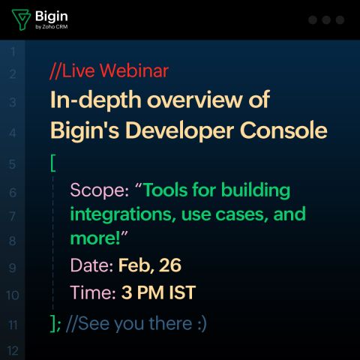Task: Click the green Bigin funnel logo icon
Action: pos(21,19)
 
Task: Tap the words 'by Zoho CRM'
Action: pos(52,27)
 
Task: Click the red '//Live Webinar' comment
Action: pos(109,70)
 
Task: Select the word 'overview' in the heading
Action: pos(195,100)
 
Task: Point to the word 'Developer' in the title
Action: pos(179,132)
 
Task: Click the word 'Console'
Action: pos(283,130)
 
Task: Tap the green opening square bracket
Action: pos(53,163)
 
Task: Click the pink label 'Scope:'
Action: pos(100,190)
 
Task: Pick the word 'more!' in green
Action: pos(95,238)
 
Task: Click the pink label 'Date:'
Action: pos(91,265)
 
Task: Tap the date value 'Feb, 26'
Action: pos(150,265)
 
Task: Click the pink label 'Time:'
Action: pos(93,292)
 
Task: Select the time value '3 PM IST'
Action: pos(158,292)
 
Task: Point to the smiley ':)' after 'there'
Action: pos(202,324)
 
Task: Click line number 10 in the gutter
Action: pos(13,295)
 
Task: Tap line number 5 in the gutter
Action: pos(12,164)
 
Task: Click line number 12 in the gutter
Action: pos(13,350)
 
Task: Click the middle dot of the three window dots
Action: pos(326,19)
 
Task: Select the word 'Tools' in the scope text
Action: pos(166,190)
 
